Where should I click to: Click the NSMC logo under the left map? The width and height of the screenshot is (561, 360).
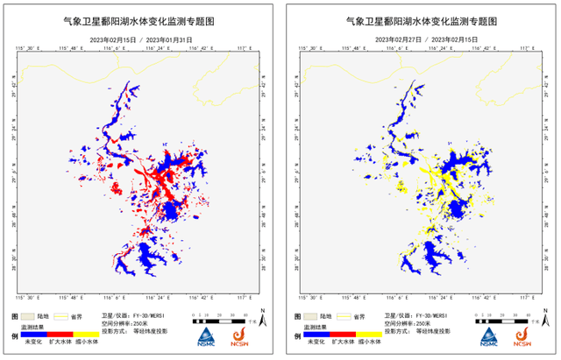pyautogui.click(x=205, y=336)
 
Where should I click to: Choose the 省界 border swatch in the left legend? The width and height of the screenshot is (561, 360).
pyautogui.click(x=63, y=314)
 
